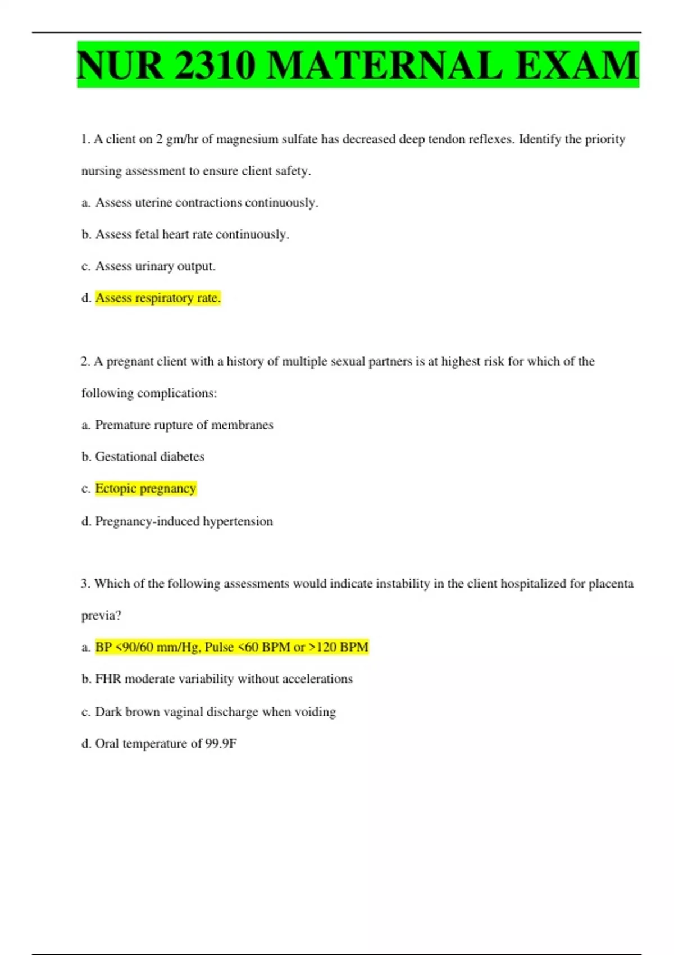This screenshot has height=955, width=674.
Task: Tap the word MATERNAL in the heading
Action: pyautogui.click(x=385, y=65)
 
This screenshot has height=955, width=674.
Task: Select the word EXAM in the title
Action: pyautogui.click(x=576, y=65)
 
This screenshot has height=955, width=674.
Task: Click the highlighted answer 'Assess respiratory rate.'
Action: pyautogui.click(x=158, y=298)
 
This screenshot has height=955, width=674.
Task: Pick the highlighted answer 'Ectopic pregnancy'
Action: pyautogui.click(x=145, y=488)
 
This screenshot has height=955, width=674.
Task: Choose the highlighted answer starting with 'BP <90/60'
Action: pyautogui.click(x=231, y=647)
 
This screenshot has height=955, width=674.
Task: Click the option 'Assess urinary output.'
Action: pyautogui.click(x=155, y=266)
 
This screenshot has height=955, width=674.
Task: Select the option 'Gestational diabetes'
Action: pyautogui.click(x=149, y=456)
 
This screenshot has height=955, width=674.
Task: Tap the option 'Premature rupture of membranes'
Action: pyautogui.click(x=184, y=425)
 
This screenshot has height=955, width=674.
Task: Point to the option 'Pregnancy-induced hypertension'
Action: pyautogui.click(x=184, y=521)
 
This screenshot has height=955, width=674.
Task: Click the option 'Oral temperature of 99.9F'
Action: pyautogui.click(x=166, y=743)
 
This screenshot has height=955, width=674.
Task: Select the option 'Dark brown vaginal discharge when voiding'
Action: pyautogui.click(x=215, y=711)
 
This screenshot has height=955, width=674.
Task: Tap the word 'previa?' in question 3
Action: pyautogui.click(x=101, y=615)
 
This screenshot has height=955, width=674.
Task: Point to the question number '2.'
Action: pyautogui.click(x=85, y=361)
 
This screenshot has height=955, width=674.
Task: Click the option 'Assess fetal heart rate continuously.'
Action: pyautogui.click(x=192, y=234)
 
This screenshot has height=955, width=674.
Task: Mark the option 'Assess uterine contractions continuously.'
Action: pyautogui.click(x=206, y=202)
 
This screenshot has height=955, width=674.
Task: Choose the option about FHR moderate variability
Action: pyautogui.click(x=224, y=679)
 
